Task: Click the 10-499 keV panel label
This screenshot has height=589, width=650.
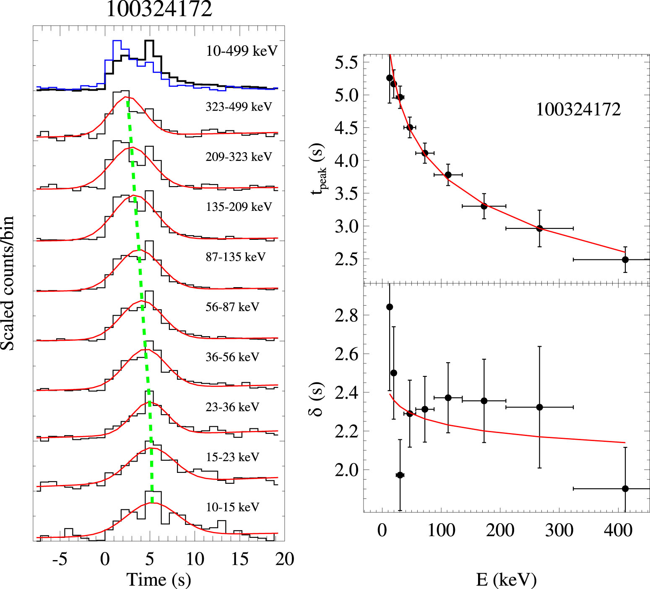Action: [x=242, y=51]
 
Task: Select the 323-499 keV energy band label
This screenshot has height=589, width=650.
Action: [x=239, y=107]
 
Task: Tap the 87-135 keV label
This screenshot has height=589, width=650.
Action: [x=235, y=257]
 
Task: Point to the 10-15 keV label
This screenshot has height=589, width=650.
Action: [x=232, y=507]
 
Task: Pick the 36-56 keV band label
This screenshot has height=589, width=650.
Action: [x=232, y=357]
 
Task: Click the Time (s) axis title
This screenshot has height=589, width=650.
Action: [x=159, y=580]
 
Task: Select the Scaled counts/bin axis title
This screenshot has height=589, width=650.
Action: [x=8, y=283]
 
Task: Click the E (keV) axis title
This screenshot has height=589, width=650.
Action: [x=506, y=580]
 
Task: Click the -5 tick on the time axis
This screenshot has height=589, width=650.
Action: [x=60, y=559]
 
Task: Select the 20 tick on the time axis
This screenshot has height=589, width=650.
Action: [x=284, y=559]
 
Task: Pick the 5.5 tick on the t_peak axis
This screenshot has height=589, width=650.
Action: [x=346, y=63]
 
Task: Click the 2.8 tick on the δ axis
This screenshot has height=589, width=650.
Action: [x=346, y=315]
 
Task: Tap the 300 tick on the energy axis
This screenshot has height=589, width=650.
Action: [x=559, y=530]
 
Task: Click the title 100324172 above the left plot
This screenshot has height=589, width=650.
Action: [x=159, y=9]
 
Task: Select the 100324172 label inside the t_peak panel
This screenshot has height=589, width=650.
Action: [x=578, y=109]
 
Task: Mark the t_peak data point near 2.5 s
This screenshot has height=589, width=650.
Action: [x=625, y=259]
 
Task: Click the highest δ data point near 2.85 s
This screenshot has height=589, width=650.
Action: [x=390, y=307]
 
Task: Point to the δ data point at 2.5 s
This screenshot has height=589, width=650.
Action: [x=393, y=373]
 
